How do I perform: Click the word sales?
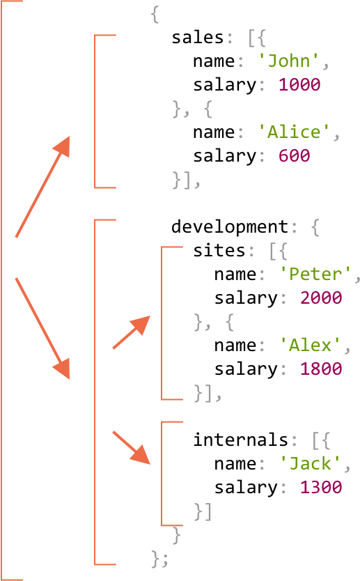pyautogui.click(x=198, y=38)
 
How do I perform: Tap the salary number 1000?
pyautogui.click(x=299, y=84)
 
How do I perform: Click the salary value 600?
pyautogui.click(x=294, y=155)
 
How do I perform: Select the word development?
pyautogui.click(x=230, y=227)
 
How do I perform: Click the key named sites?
pyautogui.click(x=219, y=251)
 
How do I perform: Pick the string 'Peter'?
pyautogui.click(x=315, y=274)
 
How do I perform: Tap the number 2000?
pyautogui.click(x=321, y=298)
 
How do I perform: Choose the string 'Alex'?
pyautogui.click(x=310, y=346)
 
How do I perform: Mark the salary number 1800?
pyautogui.click(x=321, y=369)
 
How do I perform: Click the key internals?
pyautogui.click(x=240, y=440)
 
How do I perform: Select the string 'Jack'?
pyautogui.click(x=310, y=464)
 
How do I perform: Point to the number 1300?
pyautogui.click(x=321, y=488)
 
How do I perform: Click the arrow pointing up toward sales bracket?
pyautogui.click(x=42, y=187)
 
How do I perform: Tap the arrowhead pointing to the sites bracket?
pyautogui.click(x=140, y=325)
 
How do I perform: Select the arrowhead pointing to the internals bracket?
pyautogui.click(x=141, y=454)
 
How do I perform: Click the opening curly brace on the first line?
pyautogui.click(x=155, y=15)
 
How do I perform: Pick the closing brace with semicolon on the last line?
pyautogui.click(x=159, y=559)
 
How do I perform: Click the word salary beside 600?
pyautogui.click(x=224, y=156)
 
